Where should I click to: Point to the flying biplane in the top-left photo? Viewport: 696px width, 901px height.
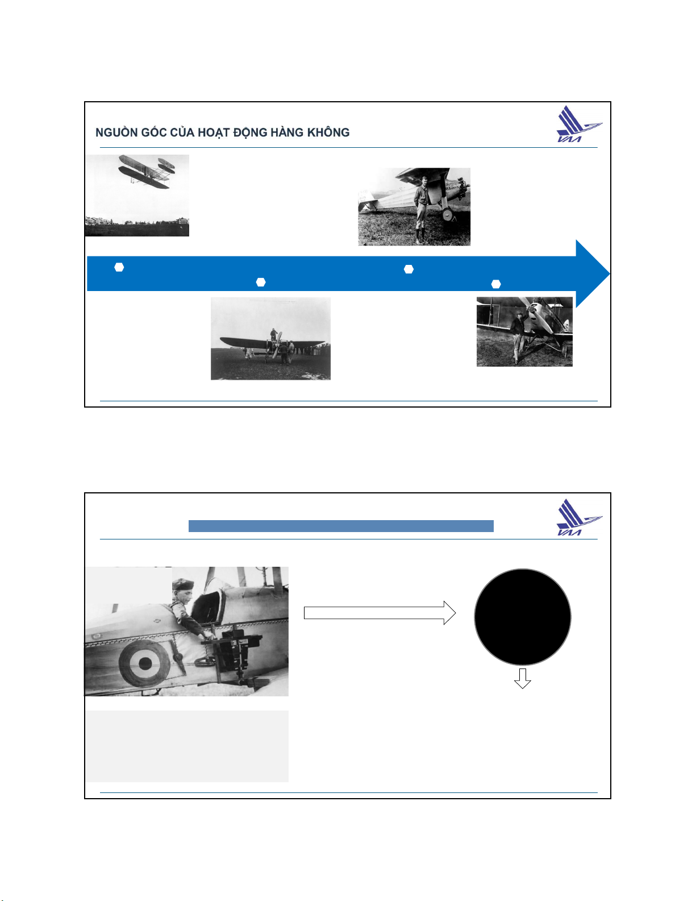point(146,172)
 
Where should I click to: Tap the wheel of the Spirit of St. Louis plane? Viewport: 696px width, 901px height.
point(447,214)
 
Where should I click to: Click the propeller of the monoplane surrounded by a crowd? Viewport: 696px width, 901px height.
point(277,344)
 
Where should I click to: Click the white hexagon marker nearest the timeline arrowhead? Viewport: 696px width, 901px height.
point(496,284)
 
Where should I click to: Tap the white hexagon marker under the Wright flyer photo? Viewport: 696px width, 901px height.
point(119,267)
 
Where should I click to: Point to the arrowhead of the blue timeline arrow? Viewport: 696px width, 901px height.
point(593,273)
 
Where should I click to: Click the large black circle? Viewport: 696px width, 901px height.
point(522,617)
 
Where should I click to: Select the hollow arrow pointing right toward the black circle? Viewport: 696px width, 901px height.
point(380,612)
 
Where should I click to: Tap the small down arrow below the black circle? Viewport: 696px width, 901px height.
point(522,678)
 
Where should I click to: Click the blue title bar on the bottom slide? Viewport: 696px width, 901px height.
point(341,526)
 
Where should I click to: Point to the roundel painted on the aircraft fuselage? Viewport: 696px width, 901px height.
point(144,663)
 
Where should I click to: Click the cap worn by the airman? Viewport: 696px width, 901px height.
point(183,584)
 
